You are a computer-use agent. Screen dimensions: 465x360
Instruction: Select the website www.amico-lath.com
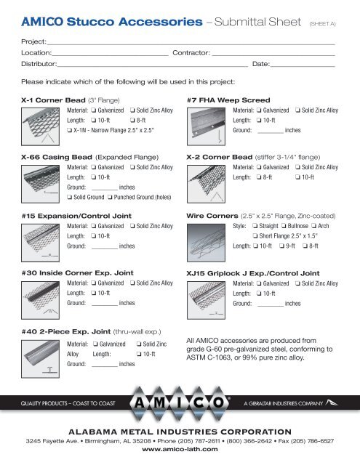point(180,450)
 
